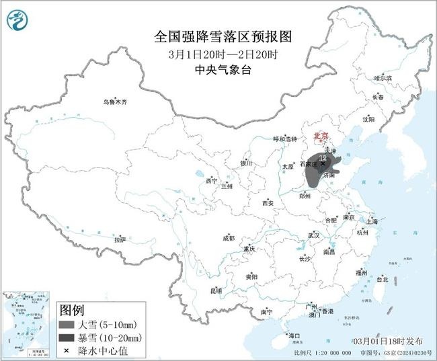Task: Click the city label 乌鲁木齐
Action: (x=114, y=102)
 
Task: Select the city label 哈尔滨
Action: (x=383, y=79)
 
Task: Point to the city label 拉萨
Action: (x=120, y=239)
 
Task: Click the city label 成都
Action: (x=229, y=238)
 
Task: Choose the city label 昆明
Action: (x=216, y=290)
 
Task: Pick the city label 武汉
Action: (x=313, y=235)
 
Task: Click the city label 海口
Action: (x=294, y=335)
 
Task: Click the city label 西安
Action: (x=268, y=202)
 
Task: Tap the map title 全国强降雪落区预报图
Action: (x=218, y=34)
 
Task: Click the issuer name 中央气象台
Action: (x=218, y=69)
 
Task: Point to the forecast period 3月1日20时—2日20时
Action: (x=218, y=52)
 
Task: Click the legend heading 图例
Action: (x=73, y=311)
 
